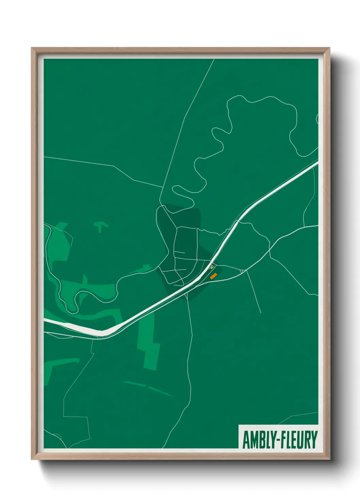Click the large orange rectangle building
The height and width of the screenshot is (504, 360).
213,276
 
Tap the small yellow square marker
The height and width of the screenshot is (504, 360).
212,268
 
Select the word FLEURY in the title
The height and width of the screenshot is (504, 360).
300,440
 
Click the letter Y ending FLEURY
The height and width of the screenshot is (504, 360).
314,440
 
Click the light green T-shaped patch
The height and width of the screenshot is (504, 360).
100,226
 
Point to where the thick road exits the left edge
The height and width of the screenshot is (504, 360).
45,320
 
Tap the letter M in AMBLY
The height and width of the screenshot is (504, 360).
254,440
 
